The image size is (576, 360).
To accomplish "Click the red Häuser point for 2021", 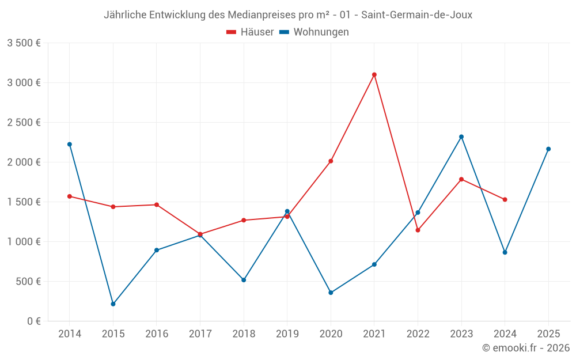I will [374, 74].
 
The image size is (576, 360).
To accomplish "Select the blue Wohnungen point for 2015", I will [113, 304].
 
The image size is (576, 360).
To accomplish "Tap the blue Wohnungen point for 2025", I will [548, 149].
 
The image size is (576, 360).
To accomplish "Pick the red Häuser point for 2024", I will [505, 200].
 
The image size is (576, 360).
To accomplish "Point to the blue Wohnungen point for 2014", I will [70, 145].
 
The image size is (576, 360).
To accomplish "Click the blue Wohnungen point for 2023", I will [461, 137].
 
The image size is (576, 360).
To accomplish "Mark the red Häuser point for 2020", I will [331, 161].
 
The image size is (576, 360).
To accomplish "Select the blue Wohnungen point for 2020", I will [331, 293].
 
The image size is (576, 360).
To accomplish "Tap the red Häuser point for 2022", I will [418, 230].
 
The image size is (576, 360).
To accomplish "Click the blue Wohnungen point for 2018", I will [244, 280].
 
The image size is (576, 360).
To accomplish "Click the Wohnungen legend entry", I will [314, 32].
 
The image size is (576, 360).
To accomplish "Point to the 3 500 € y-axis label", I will [24, 43].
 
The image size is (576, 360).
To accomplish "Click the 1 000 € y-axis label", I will [24, 242].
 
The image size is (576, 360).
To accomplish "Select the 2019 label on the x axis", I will [287, 334].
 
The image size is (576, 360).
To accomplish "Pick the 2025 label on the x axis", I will [548, 334].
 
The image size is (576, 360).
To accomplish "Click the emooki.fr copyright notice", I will [526, 348].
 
